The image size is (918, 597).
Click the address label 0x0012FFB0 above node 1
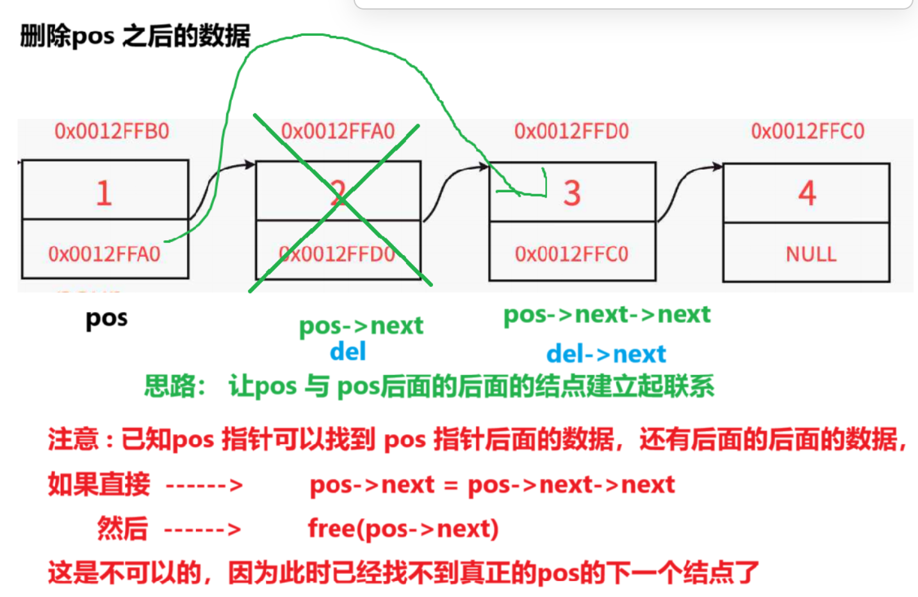[x=111, y=131]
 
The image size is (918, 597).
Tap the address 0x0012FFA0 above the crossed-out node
[x=338, y=131]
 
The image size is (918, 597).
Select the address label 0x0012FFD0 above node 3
[x=571, y=131]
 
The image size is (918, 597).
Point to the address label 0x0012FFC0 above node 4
[x=807, y=131]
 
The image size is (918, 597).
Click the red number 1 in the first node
[x=104, y=193]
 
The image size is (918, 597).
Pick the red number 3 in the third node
[x=572, y=193]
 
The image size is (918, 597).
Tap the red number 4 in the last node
[x=807, y=193]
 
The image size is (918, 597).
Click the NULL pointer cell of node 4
[x=810, y=254]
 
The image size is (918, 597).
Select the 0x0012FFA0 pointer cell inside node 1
[x=104, y=254]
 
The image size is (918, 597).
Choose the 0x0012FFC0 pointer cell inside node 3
[x=571, y=254]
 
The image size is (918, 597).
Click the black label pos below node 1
[x=106, y=318]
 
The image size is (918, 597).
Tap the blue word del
[x=348, y=352]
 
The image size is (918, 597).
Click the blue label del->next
[x=606, y=354]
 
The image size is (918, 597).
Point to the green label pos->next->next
[x=607, y=315]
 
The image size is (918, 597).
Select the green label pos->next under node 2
[x=361, y=326]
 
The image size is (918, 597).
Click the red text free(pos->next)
[x=403, y=529]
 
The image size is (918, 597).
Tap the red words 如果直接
[x=99, y=484]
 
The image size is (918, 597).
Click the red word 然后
[x=122, y=529]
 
